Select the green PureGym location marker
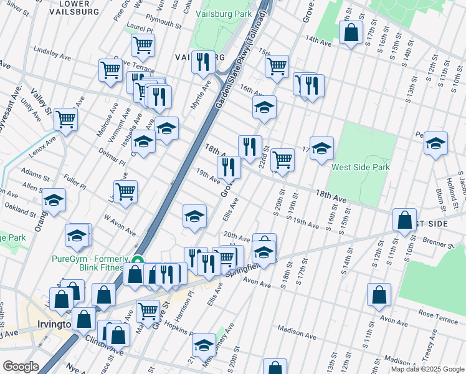(138, 262)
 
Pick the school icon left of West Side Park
(321, 148)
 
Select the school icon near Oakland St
(54, 201)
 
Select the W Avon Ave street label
(120, 225)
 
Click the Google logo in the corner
(21, 367)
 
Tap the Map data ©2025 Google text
(427, 369)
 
